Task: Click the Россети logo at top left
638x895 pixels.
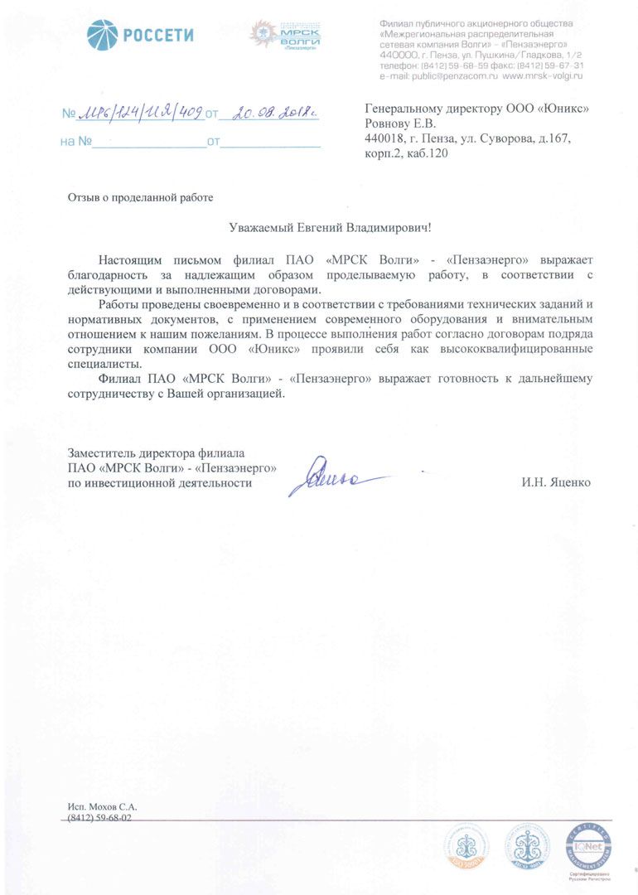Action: click(x=141, y=35)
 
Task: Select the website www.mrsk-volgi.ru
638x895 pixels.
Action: click(x=543, y=75)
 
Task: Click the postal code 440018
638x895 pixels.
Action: click(x=384, y=138)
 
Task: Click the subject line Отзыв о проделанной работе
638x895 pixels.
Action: click(x=140, y=197)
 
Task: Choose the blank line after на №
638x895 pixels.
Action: click(x=150, y=142)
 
